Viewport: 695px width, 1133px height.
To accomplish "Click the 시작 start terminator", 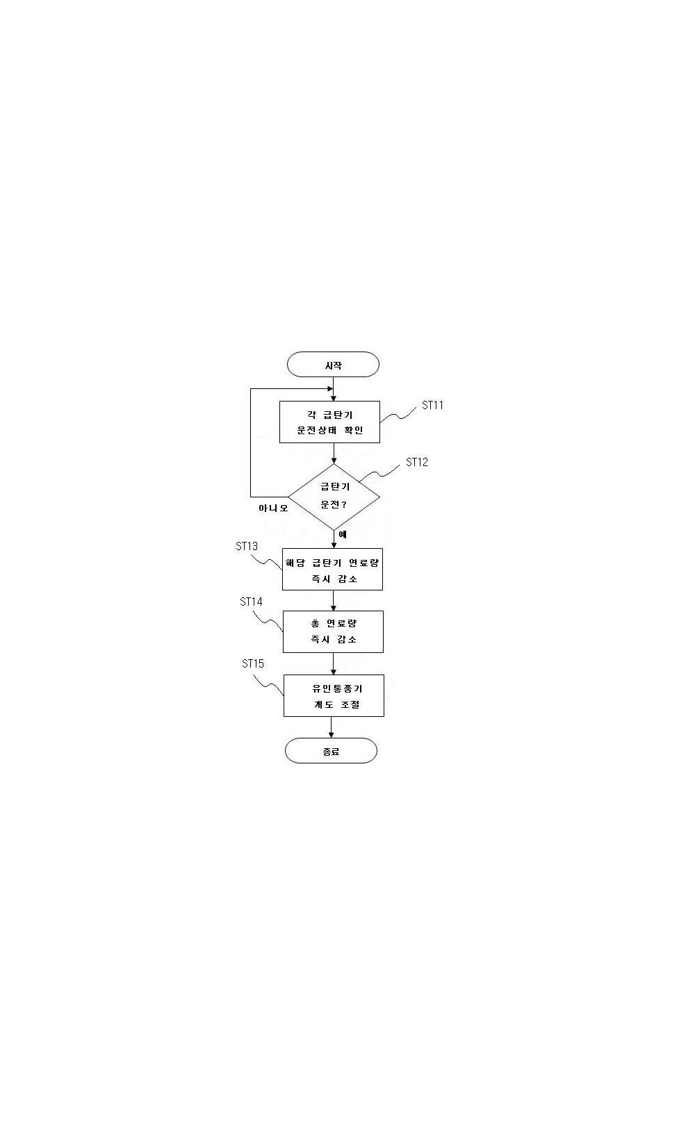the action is pos(333,364).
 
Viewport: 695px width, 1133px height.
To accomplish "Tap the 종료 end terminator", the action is pos(331,751).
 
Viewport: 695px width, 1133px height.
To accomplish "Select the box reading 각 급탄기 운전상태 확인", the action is pos(329,422).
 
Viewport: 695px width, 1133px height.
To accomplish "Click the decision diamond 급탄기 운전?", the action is pos(334,497).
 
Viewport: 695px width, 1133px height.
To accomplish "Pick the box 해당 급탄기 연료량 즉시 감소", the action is pos(332,569).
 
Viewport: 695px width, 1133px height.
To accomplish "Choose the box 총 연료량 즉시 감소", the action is pos(333,631).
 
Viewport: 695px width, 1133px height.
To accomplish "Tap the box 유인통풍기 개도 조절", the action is pos(334,695).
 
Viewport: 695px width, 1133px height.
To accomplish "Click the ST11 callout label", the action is pos(432,405).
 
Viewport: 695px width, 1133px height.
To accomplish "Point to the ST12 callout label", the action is pos(416,463).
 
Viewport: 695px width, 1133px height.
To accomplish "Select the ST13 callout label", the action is pos(247,546).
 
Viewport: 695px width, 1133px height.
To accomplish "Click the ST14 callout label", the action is pos(251,602).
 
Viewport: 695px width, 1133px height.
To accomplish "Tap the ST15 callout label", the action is pos(252,663).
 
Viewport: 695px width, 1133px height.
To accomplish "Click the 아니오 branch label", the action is pos(273,508).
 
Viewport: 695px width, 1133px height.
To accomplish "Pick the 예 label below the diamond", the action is pos(343,534).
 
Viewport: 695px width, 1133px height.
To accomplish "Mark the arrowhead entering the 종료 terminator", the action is pos(331,734).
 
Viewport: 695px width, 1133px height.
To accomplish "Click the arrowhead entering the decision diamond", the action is pos(334,461).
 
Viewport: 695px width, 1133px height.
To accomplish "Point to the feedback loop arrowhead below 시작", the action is pos(330,389).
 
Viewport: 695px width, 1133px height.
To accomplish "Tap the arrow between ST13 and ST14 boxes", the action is pos(333,600).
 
